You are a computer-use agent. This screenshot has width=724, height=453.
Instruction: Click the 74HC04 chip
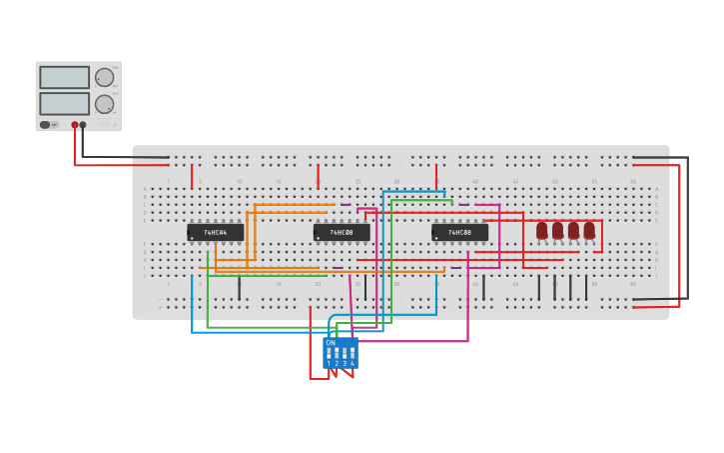[x=215, y=232]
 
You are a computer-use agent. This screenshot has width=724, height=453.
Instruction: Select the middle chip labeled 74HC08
[x=342, y=232]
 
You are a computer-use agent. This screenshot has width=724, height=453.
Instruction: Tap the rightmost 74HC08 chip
[x=459, y=232]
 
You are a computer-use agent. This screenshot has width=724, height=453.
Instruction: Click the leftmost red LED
[x=542, y=231]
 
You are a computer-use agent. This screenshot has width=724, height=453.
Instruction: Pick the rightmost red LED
[x=589, y=231]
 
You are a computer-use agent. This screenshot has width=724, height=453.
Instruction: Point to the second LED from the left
[x=558, y=231]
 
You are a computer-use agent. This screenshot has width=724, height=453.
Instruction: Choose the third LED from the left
[x=573, y=231]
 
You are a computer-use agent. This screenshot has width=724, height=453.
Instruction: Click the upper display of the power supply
[x=64, y=77]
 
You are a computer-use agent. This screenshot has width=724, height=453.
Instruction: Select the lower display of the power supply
[x=64, y=103]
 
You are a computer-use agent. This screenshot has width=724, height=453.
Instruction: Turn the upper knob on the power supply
[x=104, y=77]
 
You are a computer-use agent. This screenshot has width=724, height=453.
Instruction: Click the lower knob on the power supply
[x=104, y=104]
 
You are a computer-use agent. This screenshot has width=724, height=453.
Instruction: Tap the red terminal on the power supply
[x=74, y=125]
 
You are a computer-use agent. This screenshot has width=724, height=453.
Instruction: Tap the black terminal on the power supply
[x=83, y=125]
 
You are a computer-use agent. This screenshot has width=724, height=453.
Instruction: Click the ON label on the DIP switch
[x=331, y=343]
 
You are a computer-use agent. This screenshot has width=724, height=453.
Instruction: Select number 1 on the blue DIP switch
[x=329, y=363]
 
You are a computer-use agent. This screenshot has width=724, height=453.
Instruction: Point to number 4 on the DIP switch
[x=353, y=363]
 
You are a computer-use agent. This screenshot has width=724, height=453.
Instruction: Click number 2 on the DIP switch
[x=337, y=363]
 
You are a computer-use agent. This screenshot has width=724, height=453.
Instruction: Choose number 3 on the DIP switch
[x=345, y=363]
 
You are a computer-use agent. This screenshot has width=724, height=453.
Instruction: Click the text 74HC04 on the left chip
[x=216, y=232]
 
